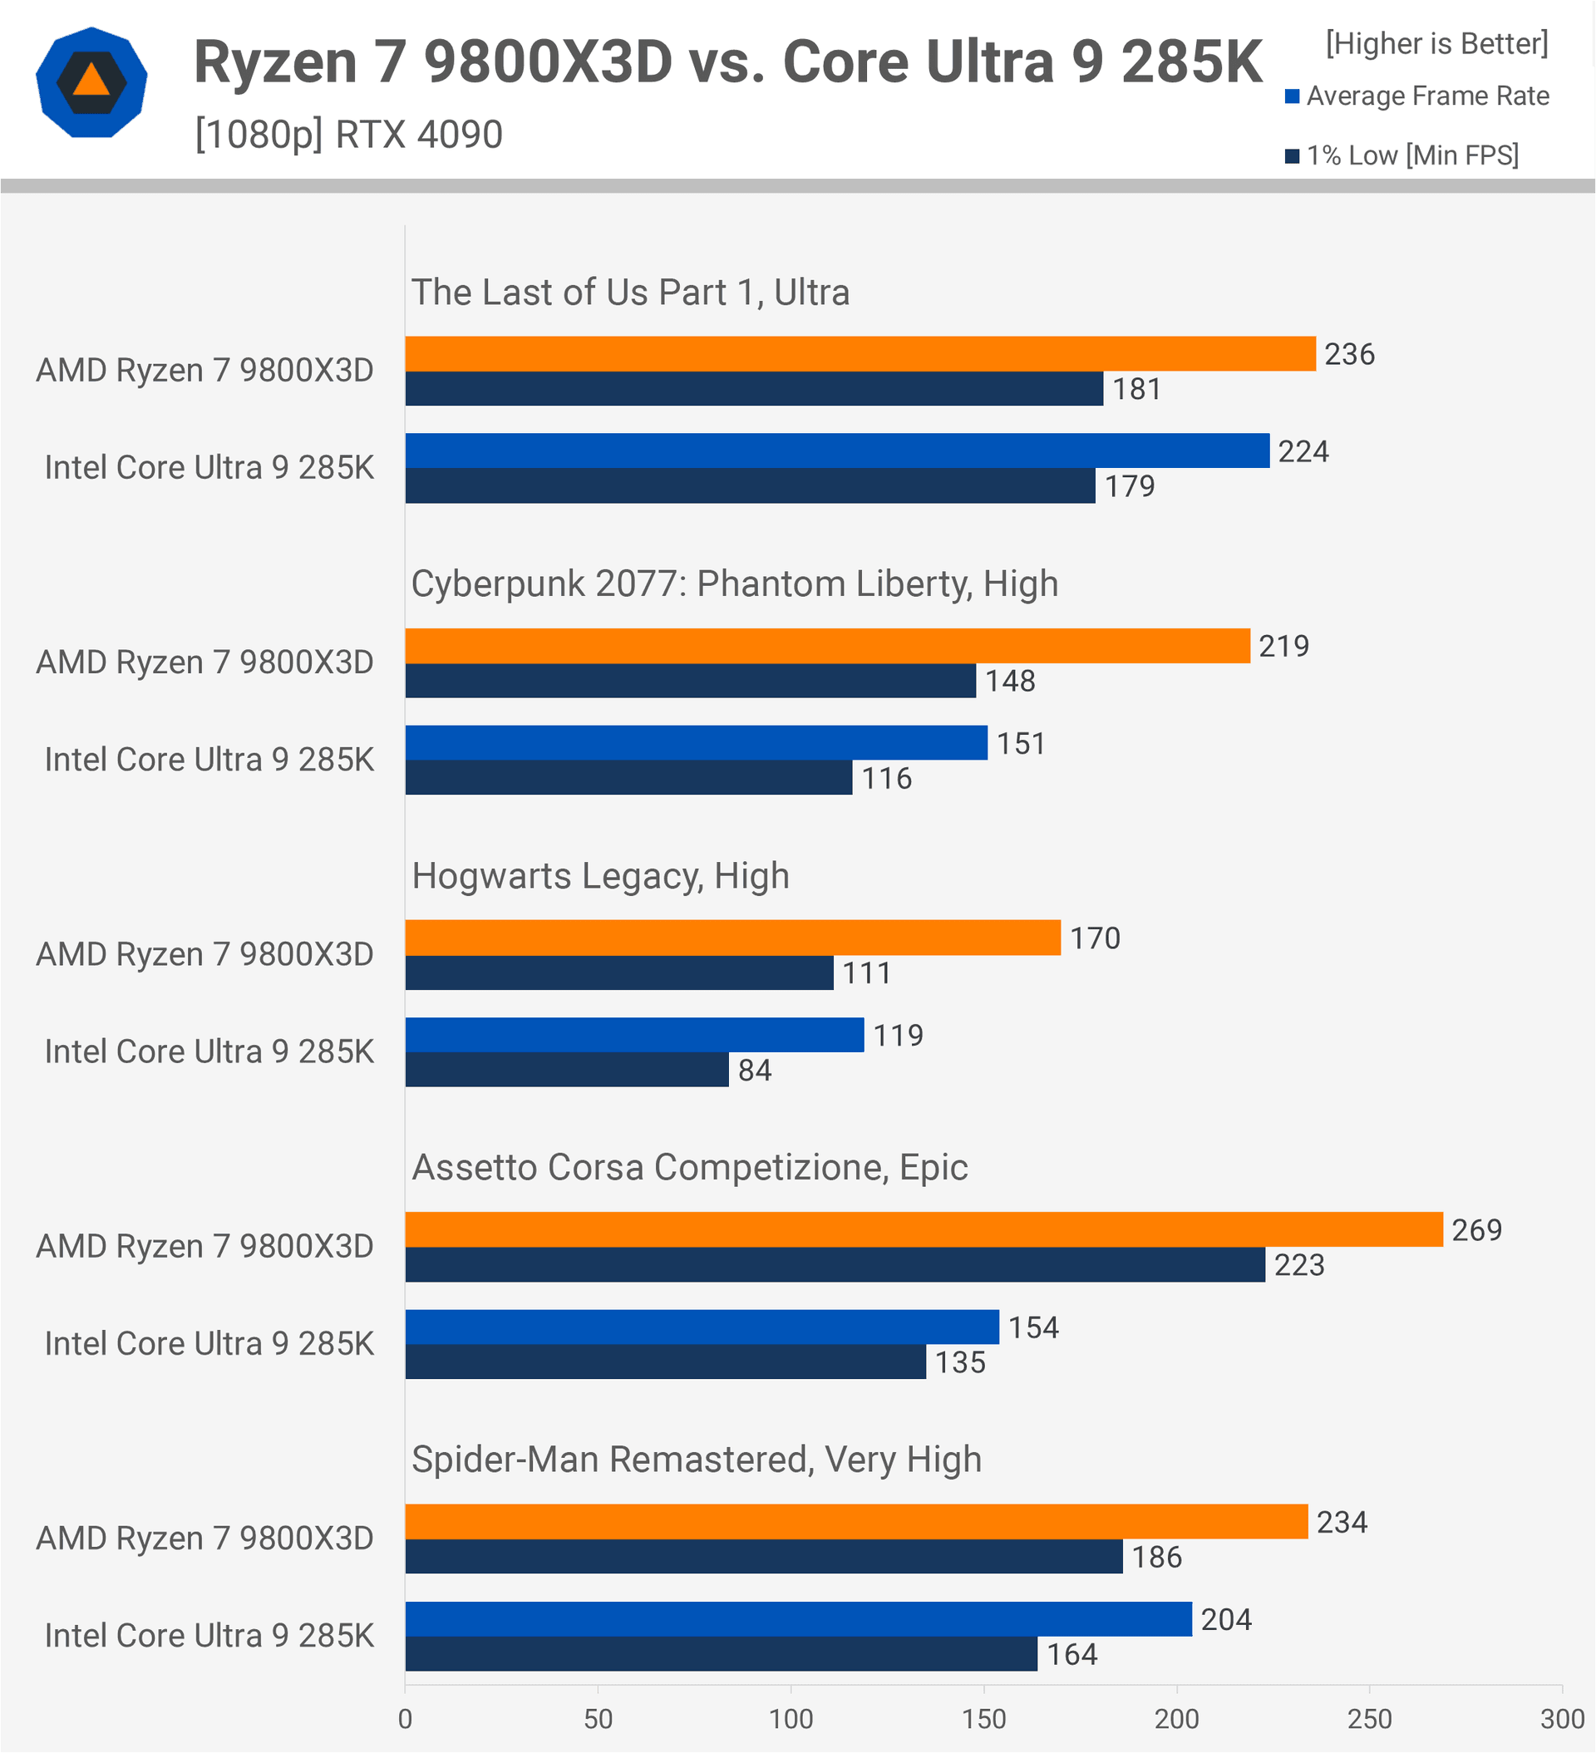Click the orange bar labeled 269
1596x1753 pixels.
pyautogui.click(x=924, y=1229)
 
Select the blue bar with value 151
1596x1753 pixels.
pyautogui.click(x=696, y=742)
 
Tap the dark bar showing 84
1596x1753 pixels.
pyautogui.click(x=566, y=1070)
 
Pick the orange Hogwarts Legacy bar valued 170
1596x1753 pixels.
pyautogui.click(x=732, y=938)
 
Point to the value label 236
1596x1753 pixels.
pyautogui.click(x=1349, y=354)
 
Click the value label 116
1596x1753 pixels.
pyautogui.click(x=886, y=778)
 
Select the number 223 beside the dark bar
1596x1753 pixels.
pyautogui.click(x=1298, y=1265)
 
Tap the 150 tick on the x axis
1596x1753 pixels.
pyautogui.click(x=983, y=1719)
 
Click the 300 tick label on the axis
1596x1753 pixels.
pyautogui.click(x=1562, y=1719)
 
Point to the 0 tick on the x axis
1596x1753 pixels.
pyautogui.click(x=406, y=1719)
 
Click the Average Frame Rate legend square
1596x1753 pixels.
pyautogui.click(x=1293, y=96)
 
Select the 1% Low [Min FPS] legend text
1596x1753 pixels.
pyautogui.click(x=1412, y=155)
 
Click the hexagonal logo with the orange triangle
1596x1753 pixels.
pyautogui.click(x=91, y=82)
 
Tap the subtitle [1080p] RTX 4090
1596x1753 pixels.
pyautogui.click(x=349, y=135)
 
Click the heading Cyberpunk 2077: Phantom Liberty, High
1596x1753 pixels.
pyautogui.click(x=734, y=584)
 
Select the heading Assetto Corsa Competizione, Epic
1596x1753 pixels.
pyautogui.click(x=689, y=1167)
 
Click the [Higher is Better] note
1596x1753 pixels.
pyautogui.click(x=1436, y=43)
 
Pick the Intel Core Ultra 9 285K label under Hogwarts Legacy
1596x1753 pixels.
pyautogui.click(x=209, y=1052)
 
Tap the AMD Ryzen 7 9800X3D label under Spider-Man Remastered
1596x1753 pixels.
pyautogui.click(x=204, y=1539)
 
